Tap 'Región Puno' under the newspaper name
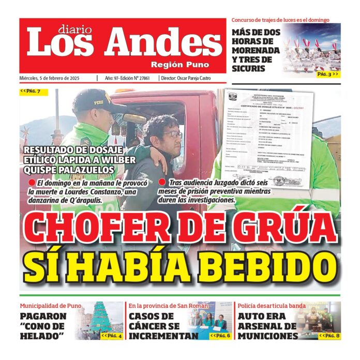point(180,65)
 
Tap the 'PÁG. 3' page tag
point(328,74)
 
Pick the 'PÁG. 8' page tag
point(329,336)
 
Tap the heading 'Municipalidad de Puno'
point(50,306)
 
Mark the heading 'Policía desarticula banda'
point(271,306)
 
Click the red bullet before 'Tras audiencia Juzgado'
point(162,183)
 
